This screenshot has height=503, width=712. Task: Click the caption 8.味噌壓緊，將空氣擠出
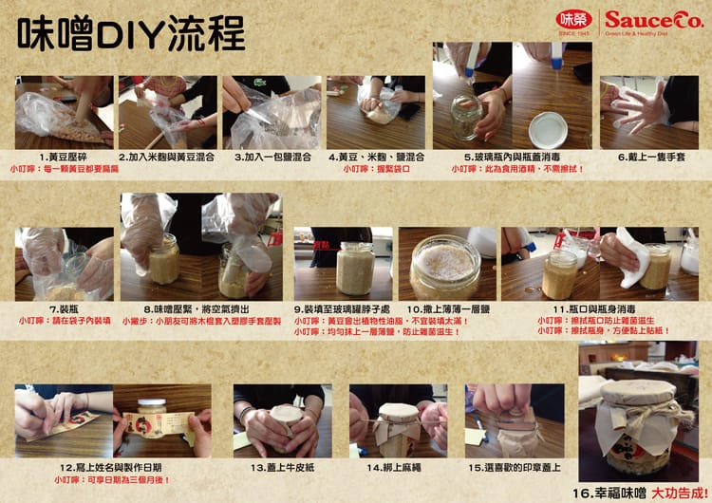tap(200, 309)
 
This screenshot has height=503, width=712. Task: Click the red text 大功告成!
tap(684, 494)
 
